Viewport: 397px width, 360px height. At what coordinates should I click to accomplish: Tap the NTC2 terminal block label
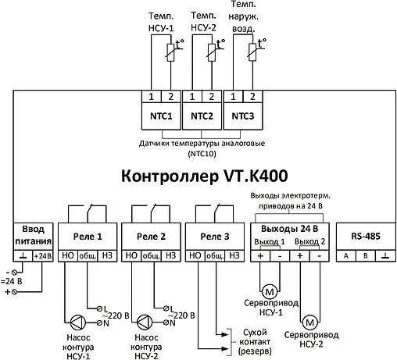[202, 116]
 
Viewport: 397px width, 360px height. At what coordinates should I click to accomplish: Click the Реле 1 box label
[88, 236]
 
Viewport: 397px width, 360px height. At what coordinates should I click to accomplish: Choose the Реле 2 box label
[152, 236]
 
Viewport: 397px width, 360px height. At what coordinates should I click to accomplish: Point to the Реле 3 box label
[216, 236]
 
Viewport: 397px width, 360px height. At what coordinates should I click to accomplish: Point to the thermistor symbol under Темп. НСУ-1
[169, 52]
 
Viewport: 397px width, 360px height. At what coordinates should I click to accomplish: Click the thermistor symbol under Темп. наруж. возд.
[253, 52]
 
